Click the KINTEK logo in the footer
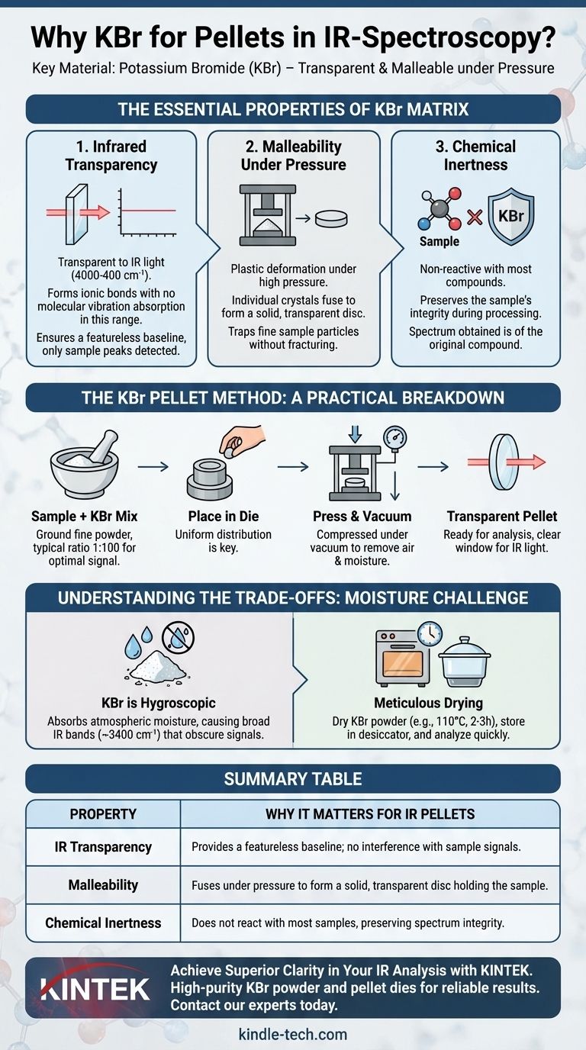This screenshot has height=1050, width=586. click(x=95, y=989)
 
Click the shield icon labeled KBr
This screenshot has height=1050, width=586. click(x=511, y=217)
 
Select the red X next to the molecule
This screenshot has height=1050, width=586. click(x=475, y=217)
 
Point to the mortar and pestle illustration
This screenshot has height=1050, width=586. click(x=85, y=464)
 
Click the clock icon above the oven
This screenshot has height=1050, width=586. click(x=429, y=634)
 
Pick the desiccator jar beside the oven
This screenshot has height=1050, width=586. click(x=464, y=661)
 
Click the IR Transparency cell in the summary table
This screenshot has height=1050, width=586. click(x=103, y=847)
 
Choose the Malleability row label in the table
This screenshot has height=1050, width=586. click(x=103, y=885)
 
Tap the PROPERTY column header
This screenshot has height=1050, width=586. click(x=103, y=813)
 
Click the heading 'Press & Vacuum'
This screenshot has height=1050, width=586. click(x=362, y=516)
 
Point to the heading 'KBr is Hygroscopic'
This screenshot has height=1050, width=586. click(x=159, y=703)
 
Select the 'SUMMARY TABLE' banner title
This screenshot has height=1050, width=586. click(x=293, y=778)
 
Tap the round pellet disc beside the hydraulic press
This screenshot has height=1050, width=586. click(x=331, y=218)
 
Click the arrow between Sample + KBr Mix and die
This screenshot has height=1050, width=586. click(x=153, y=466)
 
